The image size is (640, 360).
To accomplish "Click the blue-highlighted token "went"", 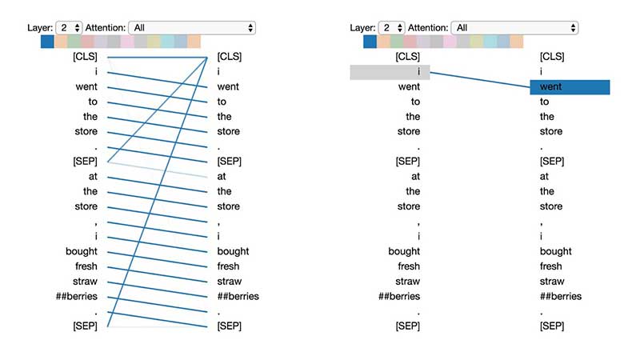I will [569, 86].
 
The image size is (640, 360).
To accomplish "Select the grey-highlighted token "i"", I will [390, 72].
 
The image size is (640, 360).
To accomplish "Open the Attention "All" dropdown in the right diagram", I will [514, 27].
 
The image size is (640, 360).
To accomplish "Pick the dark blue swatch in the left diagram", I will [46, 42].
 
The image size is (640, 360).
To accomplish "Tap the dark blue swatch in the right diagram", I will [369, 42].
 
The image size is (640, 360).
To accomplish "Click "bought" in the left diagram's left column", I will [82, 251].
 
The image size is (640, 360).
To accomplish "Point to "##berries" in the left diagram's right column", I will [238, 297].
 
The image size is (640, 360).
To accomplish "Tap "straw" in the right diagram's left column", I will [407, 282].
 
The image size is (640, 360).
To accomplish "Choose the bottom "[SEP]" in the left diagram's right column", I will [229, 326].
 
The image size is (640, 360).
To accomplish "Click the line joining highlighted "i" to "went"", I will [480, 79].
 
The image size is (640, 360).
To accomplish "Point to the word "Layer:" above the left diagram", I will [40, 27].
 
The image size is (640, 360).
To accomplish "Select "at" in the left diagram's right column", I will [222, 177].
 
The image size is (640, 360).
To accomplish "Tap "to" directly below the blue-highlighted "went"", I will [545, 102].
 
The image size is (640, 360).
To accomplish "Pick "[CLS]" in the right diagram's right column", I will [552, 57].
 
